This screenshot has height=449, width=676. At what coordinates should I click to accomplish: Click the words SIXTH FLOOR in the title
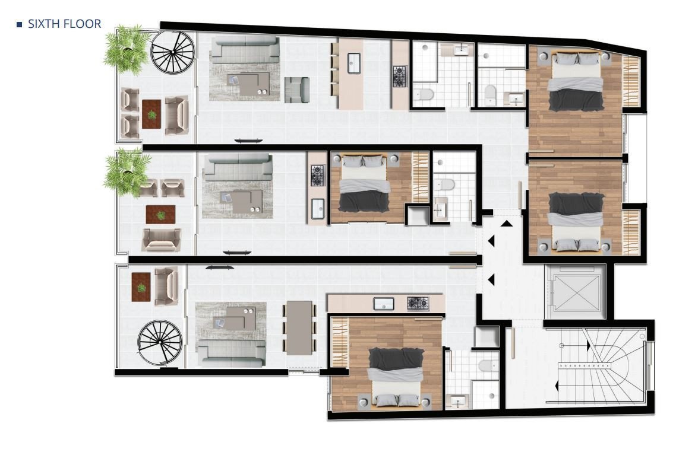[x=64, y=24]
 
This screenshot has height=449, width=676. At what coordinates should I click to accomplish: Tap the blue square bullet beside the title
[x=19, y=24]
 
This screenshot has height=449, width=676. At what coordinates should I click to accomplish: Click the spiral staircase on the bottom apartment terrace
[x=160, y=343]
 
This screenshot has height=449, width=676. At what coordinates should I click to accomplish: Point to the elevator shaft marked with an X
[x=576, y=292]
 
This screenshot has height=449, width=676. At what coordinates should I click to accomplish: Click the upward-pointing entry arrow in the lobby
[x=507, y=224]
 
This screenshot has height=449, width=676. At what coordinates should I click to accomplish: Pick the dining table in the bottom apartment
[x=299, y=327]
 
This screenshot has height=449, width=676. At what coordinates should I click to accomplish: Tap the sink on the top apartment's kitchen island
[x=353, y=63]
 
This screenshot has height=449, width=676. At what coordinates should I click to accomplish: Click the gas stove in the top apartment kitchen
[x=400, y=76]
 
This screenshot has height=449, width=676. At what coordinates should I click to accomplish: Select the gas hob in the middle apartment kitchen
[x=318, y=176]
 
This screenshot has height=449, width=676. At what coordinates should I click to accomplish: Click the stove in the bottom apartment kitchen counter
[x=418, y=304]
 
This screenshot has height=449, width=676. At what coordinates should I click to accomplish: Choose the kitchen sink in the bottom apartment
[x=384, y=304]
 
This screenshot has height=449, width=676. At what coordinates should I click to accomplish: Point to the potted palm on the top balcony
[x=127, y=49]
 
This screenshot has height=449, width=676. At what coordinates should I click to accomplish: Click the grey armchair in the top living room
[x=296, y=90]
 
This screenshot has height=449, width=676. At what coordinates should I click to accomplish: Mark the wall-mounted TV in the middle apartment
[x=234, y=253]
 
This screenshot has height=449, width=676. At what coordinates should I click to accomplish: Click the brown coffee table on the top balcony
[x=151, y=114]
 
